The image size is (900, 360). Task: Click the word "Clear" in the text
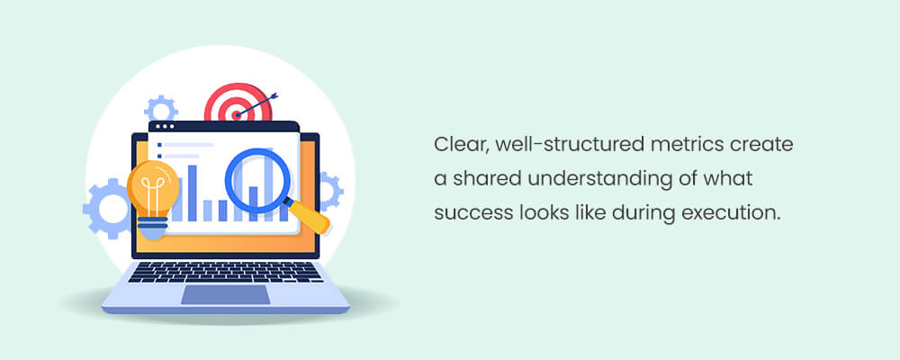pos(456,145)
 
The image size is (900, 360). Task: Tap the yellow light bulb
pos(152,193)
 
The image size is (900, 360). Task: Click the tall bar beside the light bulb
pos(191,193)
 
